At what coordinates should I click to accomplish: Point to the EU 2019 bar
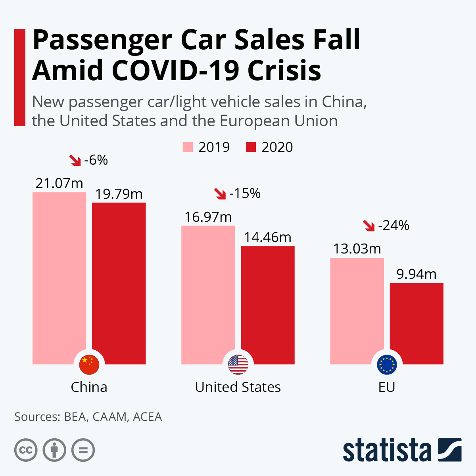pyautogui.click(x=357, y=309)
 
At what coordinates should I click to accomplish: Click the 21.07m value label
pyautogui.click(x=59, y=183)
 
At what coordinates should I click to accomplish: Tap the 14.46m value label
pyautogui.click(x=267, y=237)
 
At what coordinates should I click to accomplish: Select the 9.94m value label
pyautogui.click(x=416, y=274)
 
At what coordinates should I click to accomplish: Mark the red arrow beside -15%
pyautogui.click(x=220, y=194)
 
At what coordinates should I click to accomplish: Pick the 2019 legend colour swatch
pyautogui.click(x=188, y=147)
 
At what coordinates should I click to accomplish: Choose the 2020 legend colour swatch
pyautogui.click(x=251, y=147)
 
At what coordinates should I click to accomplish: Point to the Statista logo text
pyautogui.click(x=387, y=450)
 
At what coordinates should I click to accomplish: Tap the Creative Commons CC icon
pyautogui.click(x=26, y=450)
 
